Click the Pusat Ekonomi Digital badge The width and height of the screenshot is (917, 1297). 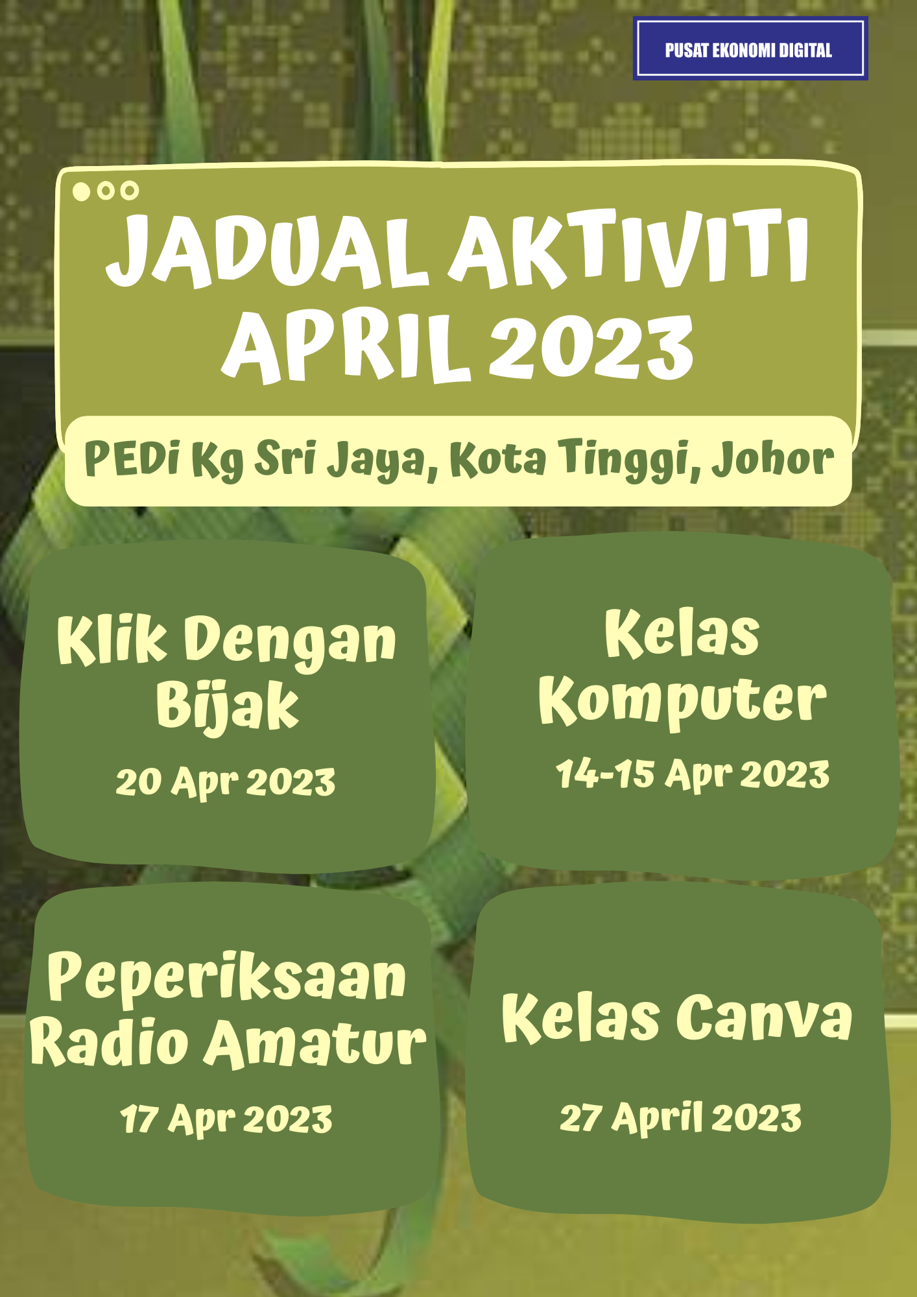click(x=750, y=49)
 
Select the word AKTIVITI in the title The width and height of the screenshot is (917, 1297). click(x=629, y=249)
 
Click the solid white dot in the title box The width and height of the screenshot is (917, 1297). click(x=81, y=191)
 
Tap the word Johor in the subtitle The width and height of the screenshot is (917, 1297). click(x=772, y=459)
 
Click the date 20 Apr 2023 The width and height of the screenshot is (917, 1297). click(x=226, y=782)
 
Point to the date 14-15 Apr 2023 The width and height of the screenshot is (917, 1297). click(x=693, y=774)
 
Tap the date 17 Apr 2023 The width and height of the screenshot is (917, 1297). click(x=226, y=1119)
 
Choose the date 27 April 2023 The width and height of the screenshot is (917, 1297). click(x=681, y=1118)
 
